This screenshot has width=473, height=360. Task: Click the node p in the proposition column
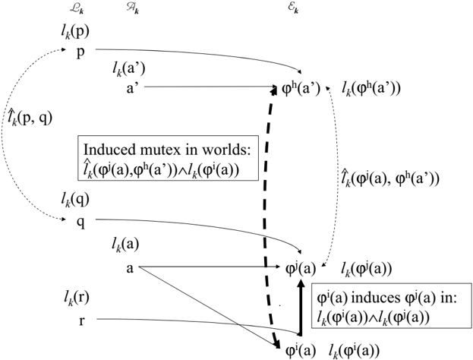click(80, 53)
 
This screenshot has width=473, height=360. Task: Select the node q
click(80, 223)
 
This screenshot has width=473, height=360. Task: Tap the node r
click(81, 321)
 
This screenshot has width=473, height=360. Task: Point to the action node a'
click(131, 88)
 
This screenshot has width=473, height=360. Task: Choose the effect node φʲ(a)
click(301, 268)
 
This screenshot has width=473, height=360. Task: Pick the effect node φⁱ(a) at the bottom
click(301, 351)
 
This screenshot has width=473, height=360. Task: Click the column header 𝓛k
click(77, 9)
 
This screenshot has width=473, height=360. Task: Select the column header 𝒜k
click(133, 9)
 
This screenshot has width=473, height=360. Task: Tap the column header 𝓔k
click(293, 9)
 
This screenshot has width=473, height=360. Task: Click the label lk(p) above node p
click(75, 33)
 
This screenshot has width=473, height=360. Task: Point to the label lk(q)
click(75, 200)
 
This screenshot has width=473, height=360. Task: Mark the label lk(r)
click(75, 298)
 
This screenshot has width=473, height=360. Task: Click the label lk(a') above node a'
click(129, 68)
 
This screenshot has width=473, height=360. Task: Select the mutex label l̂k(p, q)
click(30, 118)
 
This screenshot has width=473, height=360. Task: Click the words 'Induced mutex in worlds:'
click(168, 150)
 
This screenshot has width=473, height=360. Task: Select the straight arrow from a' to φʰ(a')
click(210, 87)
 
